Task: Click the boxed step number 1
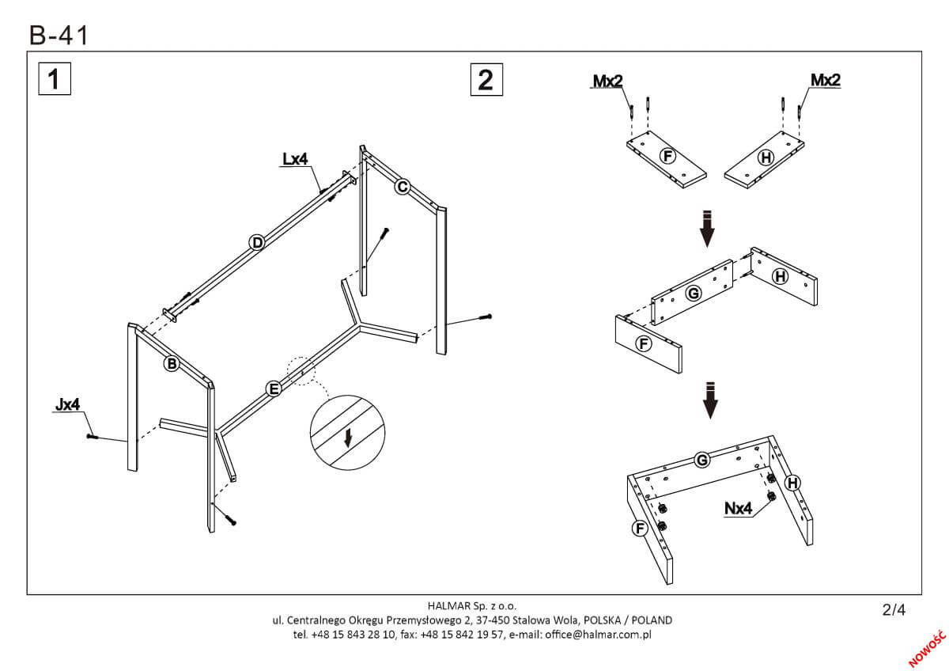54,80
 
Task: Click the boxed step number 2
486,80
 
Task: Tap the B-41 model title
59,36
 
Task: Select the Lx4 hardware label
294,160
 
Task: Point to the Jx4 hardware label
67,405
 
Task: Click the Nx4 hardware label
737,509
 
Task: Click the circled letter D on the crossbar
256,243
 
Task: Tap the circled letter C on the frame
402,187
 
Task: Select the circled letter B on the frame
170,364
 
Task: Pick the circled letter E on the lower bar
273,388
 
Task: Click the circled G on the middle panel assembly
694,294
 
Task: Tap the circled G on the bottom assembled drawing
701,460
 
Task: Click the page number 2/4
893,609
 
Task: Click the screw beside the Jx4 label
92,436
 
